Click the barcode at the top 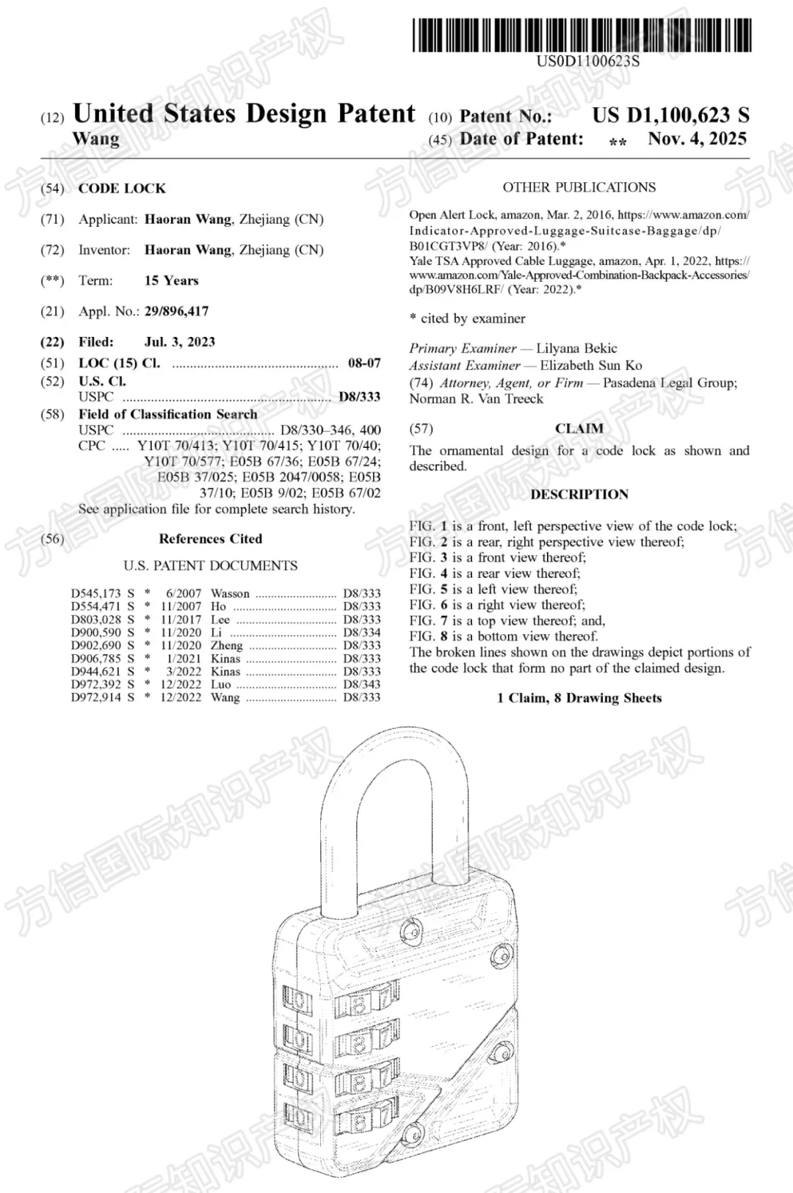[582, 35]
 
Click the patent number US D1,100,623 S [670, 115]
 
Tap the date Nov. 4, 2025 [697, 139]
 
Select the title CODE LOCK [122, 188]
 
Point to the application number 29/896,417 [176, 311]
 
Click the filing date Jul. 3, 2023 [180, 341]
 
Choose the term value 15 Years [171, 280]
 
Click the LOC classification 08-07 [364, 363]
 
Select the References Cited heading [210, 538]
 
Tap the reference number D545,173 [96, 593]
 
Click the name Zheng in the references [226, 645]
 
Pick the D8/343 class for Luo [362, 684]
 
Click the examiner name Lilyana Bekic [576, 348]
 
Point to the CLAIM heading [579, 429]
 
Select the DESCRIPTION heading [579, 494]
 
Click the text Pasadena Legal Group [668, 382]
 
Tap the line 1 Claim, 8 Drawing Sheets [579, 697]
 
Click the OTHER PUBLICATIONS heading [579, 187]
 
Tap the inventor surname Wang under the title [95, 139]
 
